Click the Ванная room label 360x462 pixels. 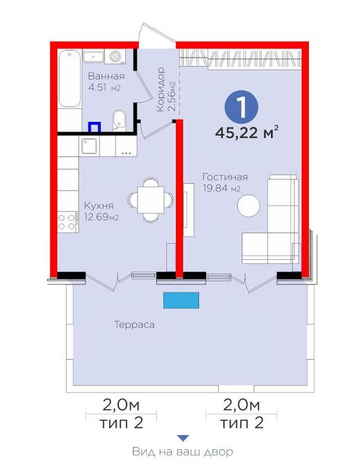106,76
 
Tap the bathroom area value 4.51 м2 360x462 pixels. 104,88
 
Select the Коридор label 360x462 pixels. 161,89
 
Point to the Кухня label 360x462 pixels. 98,206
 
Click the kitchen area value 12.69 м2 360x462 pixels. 102,217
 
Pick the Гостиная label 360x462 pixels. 225,176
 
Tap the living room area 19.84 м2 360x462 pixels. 222,188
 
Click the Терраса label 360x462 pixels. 134,325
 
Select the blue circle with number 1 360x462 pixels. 241,107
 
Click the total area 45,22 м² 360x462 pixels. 246,132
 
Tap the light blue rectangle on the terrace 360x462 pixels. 181,300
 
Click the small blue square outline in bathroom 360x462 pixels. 94,127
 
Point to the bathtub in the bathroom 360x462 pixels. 69,79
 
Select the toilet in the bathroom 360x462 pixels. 119,120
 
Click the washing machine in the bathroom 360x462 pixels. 115,56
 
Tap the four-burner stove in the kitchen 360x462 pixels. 67,222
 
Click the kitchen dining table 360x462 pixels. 151,200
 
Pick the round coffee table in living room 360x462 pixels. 249,206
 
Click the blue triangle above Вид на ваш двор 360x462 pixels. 183,438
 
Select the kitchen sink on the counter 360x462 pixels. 89,146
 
